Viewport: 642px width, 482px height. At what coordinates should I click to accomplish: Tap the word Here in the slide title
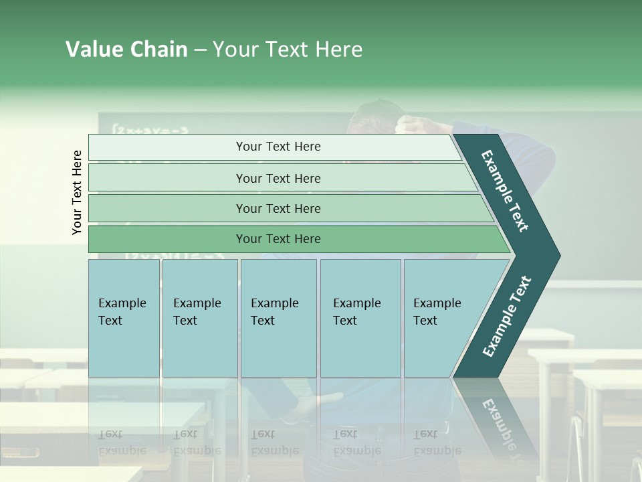pyautogui.click(x=338, y=50)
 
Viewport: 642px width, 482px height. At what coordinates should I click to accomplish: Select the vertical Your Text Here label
pyautogui.click(x=77, y=192)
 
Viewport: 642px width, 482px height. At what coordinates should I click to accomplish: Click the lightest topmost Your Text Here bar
pyautogui.click(x=278, y=147)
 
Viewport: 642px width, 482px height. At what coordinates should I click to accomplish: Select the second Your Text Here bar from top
pyautogui.click(x=278, y=178)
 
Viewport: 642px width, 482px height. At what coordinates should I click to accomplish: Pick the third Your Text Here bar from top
pyautogui.click(x=278, y=208)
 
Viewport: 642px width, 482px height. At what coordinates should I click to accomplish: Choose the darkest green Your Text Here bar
pyautogui.click(x=278, y=239)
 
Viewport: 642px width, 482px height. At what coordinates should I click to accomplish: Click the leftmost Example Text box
pyautogui.click(x=124, y=318)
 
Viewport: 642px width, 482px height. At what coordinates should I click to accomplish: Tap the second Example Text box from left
pyautogui.click(x=199, y=318)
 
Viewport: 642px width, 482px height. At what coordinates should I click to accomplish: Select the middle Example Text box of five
pyautogui.click(x=278, y=318)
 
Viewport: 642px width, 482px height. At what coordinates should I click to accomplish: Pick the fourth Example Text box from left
pyautogui.click(x=360, y=318)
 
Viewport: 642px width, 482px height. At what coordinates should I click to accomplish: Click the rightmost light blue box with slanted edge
pyautogui.click(x=441, y=318)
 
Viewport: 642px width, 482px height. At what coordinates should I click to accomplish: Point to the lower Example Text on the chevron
pyautogui.click(x=507, y=316)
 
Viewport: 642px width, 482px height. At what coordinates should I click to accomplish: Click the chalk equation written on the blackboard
pyautogui.click(x=150, y=129)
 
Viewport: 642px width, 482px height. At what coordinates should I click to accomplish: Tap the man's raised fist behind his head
pyautogui.click(x=409, y=125)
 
